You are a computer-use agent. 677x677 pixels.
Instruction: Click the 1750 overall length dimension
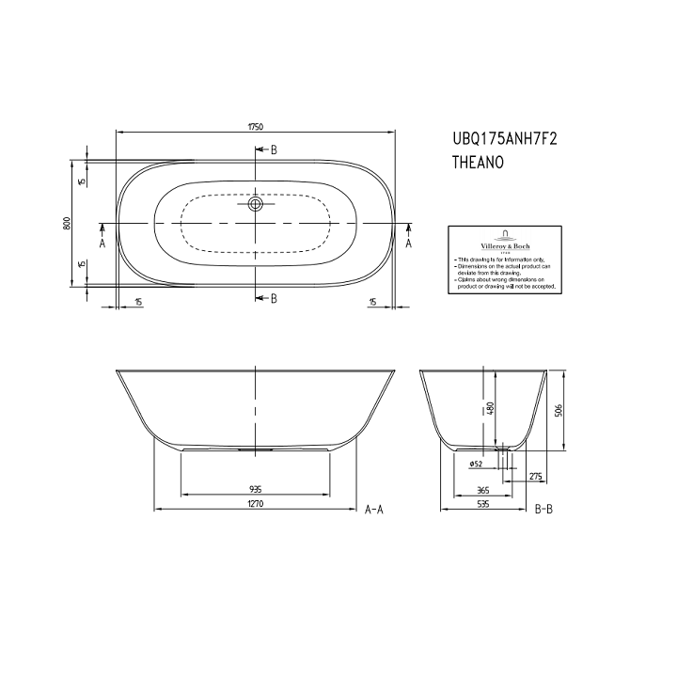click(x=255, y=124)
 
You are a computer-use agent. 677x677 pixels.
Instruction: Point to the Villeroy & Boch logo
click(x=506, y=239)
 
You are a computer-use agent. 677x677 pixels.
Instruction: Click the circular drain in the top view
click(x=255, y=202)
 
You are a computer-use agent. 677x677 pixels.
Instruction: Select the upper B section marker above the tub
click(x=273, y=150)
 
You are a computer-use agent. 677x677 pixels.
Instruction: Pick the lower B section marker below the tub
click(x=273, y=299)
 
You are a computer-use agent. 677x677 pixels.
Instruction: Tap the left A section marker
click(x=102, y=243)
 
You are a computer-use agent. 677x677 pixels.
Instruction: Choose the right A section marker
click(x=409, y=243)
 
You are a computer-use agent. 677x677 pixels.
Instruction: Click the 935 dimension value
click(x=255, y=489)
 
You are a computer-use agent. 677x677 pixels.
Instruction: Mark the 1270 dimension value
click(x=255, y=505)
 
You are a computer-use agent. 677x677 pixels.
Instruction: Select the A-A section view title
click(x=373, y=510)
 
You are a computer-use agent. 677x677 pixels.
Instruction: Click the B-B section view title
click(x=543, y=510)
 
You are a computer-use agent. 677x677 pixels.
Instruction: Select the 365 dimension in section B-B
click(x=482, y=489)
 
